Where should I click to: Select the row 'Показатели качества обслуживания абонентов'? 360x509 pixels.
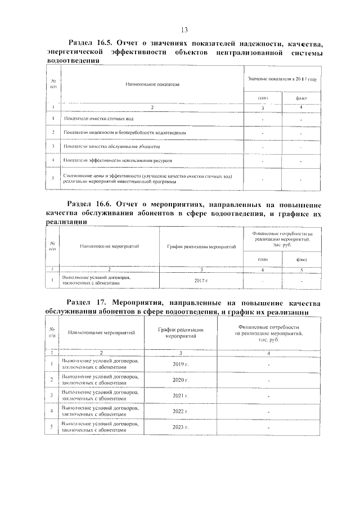click(x=112, y=146)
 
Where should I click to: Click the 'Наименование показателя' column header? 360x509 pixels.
click(x=152, y=84)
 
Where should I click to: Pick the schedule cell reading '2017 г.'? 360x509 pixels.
click(x=200, y=280)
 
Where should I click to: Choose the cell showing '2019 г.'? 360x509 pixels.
click(x=180, y=365)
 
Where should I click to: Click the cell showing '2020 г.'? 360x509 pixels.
click(x=180, y=380)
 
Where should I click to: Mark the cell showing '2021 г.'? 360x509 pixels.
click(x=180, y=396)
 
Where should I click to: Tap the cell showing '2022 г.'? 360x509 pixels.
click(x=180, y=412)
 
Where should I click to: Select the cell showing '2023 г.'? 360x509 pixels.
click(x=180, y=427)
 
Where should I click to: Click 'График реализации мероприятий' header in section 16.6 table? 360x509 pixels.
click(x=200, y=246)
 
